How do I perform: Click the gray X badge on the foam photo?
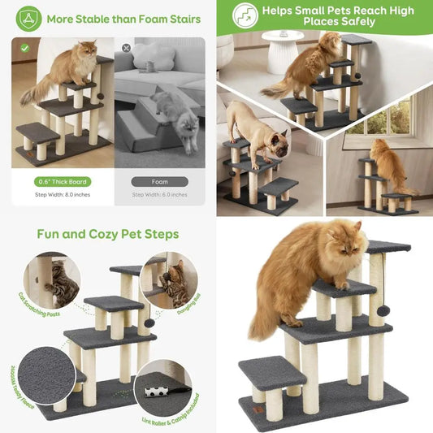[x=126, y=48]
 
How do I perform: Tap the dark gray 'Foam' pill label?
[x=159, y=181]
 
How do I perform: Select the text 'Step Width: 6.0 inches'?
[x=159, y=196]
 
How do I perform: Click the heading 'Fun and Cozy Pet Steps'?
[x=108, y=234]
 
